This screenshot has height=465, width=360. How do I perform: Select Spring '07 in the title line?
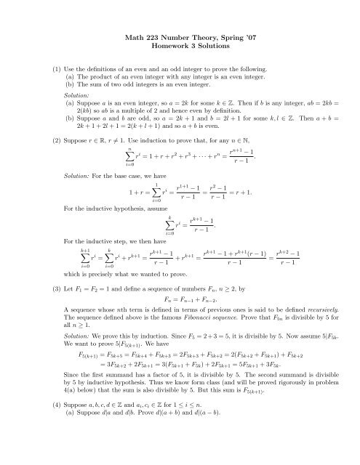[x=231, y=36]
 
